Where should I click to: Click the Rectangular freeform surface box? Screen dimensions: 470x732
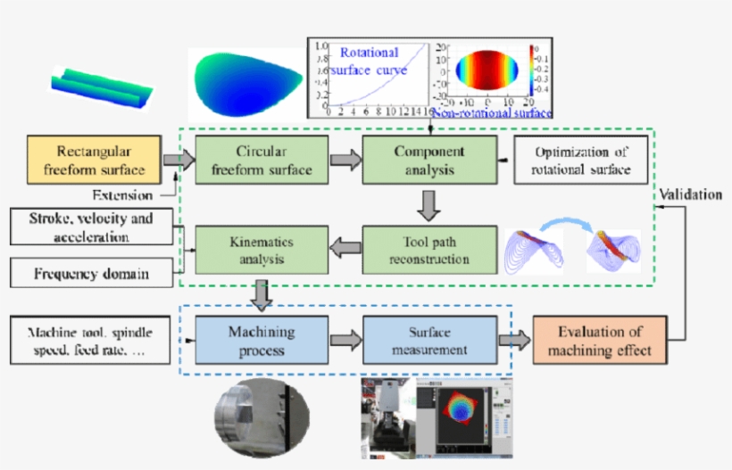(96, 160)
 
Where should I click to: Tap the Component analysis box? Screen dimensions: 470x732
(428, 160)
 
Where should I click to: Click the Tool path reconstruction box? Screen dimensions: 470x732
(428, 251)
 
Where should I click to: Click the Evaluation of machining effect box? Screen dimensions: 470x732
(599, 341)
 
